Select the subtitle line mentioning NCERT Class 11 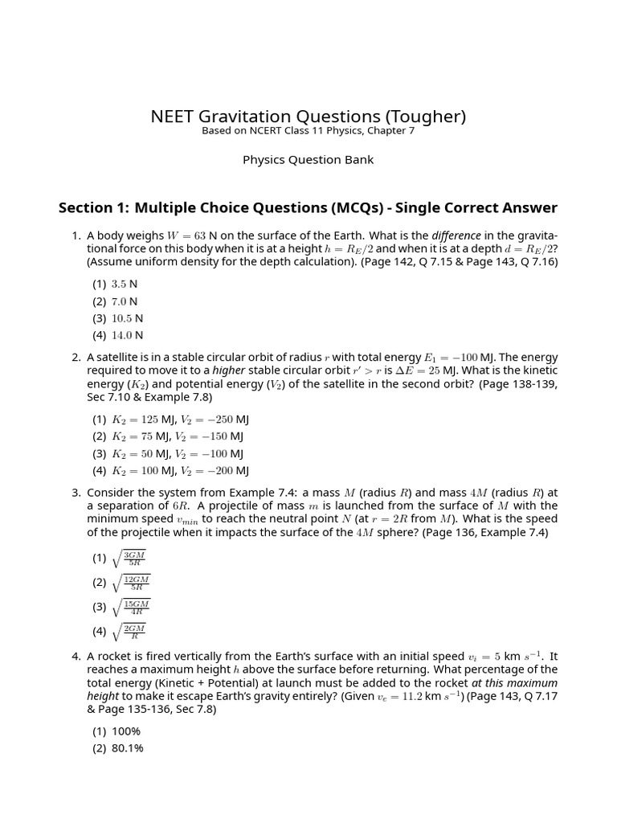(308, 131)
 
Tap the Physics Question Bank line (308, 159)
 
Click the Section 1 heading (308, 208)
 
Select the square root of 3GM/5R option (129, 558)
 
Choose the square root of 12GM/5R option (131, 582)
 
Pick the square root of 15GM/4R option (131, 607)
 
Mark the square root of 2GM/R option (129, 631)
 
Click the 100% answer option (126, 731)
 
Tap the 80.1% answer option (128, 748)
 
